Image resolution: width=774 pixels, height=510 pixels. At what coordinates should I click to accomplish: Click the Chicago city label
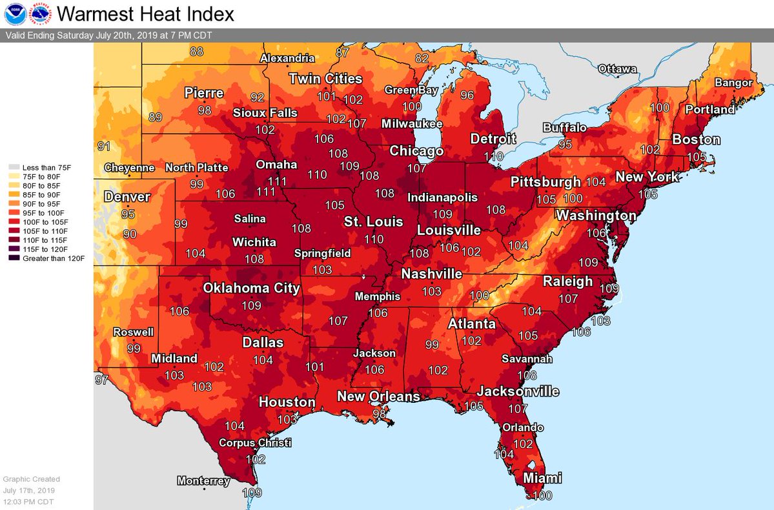[416, 151]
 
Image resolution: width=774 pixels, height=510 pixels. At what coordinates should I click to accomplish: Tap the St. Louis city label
[373, 221]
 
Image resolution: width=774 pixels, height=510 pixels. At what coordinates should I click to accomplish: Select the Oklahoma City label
[252, 288]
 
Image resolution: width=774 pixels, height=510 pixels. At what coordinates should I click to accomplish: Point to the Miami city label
[542, 478]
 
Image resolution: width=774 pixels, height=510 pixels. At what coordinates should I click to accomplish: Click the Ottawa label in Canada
[617, 68]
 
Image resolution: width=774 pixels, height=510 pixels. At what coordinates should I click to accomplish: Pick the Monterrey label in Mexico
[203, 481]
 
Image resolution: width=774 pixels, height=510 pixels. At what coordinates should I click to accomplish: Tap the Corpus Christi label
[255, 443]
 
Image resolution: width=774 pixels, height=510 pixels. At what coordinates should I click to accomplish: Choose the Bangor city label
[733, 83]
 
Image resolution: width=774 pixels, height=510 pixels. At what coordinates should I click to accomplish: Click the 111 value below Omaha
[266, 192]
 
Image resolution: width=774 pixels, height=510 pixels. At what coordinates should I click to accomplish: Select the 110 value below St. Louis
[374, 239]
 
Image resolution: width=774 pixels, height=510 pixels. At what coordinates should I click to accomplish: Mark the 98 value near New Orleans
[380, 413]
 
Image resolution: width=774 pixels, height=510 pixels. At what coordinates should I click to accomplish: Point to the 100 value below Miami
[542, 496]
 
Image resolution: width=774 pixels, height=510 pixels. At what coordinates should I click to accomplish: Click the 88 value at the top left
[196, 52]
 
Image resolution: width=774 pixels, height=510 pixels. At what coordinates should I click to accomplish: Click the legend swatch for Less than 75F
[14, 167]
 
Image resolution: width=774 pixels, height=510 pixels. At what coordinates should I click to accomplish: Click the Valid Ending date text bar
[110, 36]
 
